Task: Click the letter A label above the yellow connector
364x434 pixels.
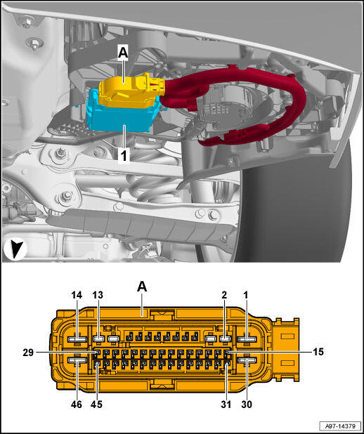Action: pyautogui.click(x=123, y=53)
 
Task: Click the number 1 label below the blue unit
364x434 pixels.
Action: pyautogui.click(x=124, y=156)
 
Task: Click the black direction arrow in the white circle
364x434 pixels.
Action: pyautogui.click(x=15, y=249)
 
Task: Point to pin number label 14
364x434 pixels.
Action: pyautogui.click(x=77, y=295)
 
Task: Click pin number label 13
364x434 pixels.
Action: pyautogui.click(x=98, y=295)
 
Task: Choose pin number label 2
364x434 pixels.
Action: pyautogui.click(x=224, y=295)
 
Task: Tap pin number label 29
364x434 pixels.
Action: pyautogui.click(x=28, y=353)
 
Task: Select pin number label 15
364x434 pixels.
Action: pyautogui.click(x=318, y=352)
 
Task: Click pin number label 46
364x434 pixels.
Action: pyautogui.click(x=77, y=405)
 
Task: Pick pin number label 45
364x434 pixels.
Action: pyautogui.click(x=96, y=405)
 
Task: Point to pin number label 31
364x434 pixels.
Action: pyautogui.click(x=226, y=405)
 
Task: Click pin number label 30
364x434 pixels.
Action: pyautogui.click(x=247, y=405)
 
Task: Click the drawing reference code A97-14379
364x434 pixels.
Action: pyautogui.click(x=340, y=426)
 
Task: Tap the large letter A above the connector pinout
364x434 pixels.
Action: pyautogui.click(x=142, y=287)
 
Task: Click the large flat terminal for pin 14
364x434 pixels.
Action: pyautogui.click(x=77, y=339)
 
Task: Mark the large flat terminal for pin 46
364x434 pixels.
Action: pyautogui.click(x=77, y=360)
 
